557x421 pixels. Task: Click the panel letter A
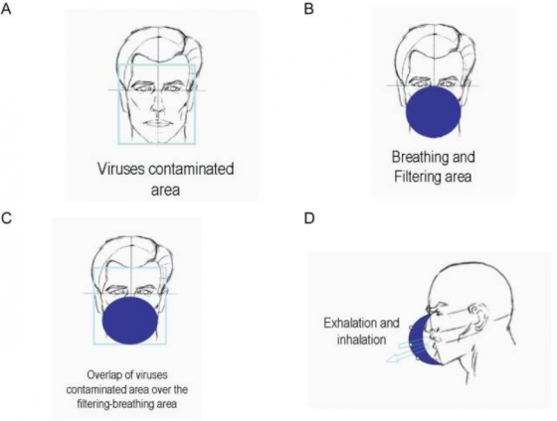(x=6, y=9)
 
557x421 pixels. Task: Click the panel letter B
(x=309, y=9)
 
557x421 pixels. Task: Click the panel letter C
(x=6, y=218)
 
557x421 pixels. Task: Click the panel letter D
(x=309, y=218)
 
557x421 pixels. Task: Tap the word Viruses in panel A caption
(x=121, y=169)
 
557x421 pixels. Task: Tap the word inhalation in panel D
(x=361, y=340)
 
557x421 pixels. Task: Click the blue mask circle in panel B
(x=434, y=111)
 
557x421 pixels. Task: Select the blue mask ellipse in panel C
(x=129, y=321)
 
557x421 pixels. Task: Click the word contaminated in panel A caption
(x=191, y=169)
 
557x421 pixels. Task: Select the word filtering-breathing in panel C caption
(x=110, y=403)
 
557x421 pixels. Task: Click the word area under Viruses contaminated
(x=165, y=190)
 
